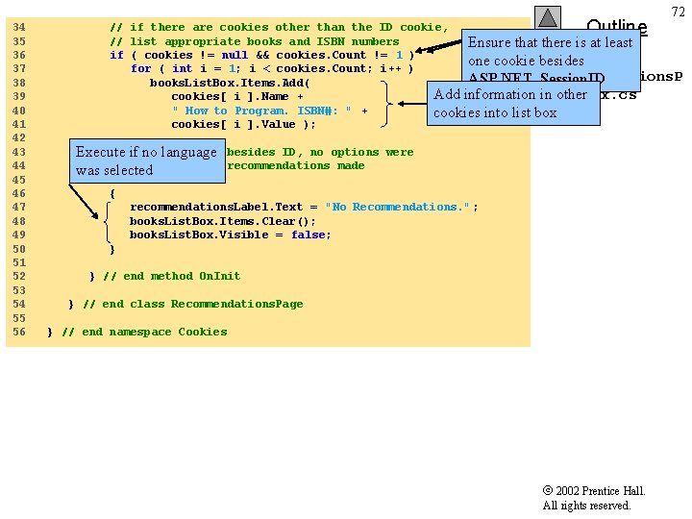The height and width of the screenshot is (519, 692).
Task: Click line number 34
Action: click(x=19, y=27)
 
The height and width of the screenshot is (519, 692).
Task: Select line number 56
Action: click(x=19, y=332)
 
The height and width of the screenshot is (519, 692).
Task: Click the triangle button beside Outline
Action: click(x=547, y=18)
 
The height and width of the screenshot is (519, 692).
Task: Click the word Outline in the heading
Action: click(x=616, y=26)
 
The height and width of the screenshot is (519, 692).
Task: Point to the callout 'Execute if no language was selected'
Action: click(x=146, y=161)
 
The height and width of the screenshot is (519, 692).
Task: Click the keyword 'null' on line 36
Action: click(x=235, y=55)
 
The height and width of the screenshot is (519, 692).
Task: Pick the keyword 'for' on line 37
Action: click(x=140, y=68)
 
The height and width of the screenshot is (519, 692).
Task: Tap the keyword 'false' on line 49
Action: click(x=308, y=235)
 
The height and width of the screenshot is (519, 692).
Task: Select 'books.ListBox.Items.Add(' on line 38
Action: click(x=230, y=83)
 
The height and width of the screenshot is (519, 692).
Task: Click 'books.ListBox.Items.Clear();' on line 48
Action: click(x=222, y=221)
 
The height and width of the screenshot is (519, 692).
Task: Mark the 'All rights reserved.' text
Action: click(x=586, y=506)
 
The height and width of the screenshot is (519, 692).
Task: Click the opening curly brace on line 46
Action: click(x=112, y=193)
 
